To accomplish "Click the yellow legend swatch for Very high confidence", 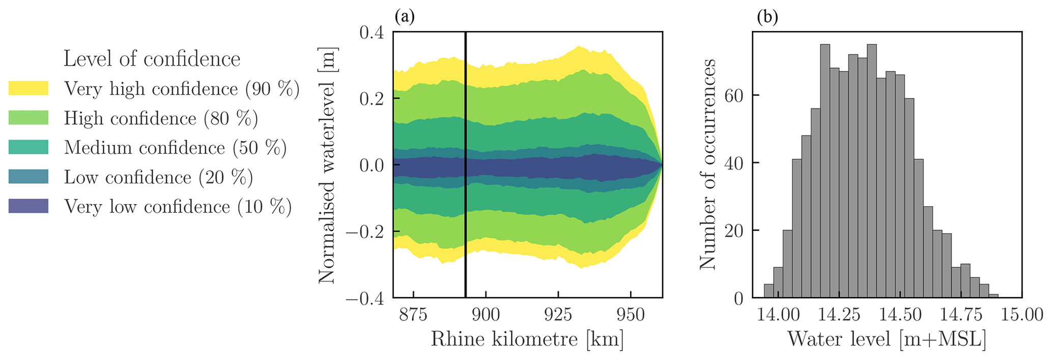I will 29,89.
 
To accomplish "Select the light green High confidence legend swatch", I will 29,118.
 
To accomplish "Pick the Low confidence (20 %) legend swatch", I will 29,177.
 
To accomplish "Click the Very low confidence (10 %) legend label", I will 178,207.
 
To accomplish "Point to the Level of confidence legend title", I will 152,59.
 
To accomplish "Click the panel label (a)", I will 405,17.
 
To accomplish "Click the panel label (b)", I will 767,17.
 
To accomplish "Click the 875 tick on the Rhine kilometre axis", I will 413,315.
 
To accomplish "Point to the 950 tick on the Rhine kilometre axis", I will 631,315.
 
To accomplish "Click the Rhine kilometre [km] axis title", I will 527,339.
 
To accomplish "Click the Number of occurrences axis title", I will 708,164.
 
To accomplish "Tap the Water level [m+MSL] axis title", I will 887,339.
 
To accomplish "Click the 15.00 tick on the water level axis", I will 1021,315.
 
